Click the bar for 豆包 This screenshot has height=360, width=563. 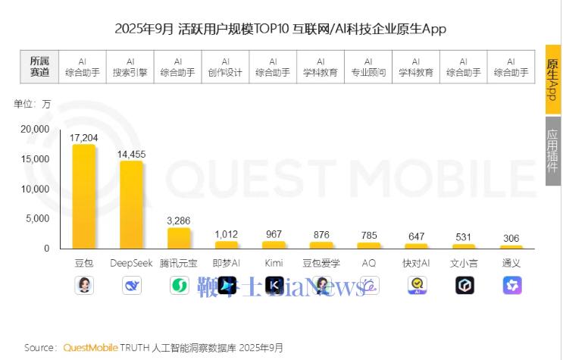[x=83, y=196]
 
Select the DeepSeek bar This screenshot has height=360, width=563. [x=131, y=205]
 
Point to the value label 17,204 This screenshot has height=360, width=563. [x=83, y=138]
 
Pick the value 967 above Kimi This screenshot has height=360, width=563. [x=274, y=235]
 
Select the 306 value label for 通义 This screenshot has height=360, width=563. [x=511, y=239]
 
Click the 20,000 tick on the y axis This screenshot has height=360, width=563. [x=35, y=130]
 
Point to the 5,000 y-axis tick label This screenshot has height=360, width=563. [x=37, y=218]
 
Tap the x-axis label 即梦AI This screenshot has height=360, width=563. [x=226, y=263]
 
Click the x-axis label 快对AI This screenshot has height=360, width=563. [x=416, y=263]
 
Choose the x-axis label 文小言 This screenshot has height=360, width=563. [x=464, y=263]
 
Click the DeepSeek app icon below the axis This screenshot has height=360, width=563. [x=131, y=285]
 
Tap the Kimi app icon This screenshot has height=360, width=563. [x=274, y=285]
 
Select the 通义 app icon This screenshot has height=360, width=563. [x=511, y=285]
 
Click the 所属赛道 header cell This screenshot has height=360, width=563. [x=39, y=67]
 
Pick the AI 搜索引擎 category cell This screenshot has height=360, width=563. [x=130, y=67]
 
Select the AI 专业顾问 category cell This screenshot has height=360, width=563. [x=368, y=67]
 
